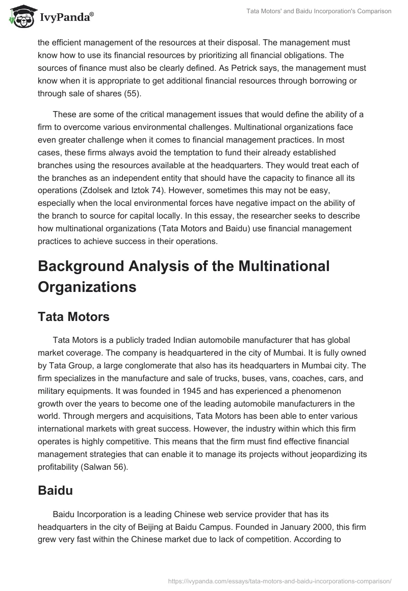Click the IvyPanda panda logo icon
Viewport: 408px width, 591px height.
click(20, 17)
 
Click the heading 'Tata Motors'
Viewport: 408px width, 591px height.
click(73, 316)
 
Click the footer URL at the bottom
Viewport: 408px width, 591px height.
click(279, 580)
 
